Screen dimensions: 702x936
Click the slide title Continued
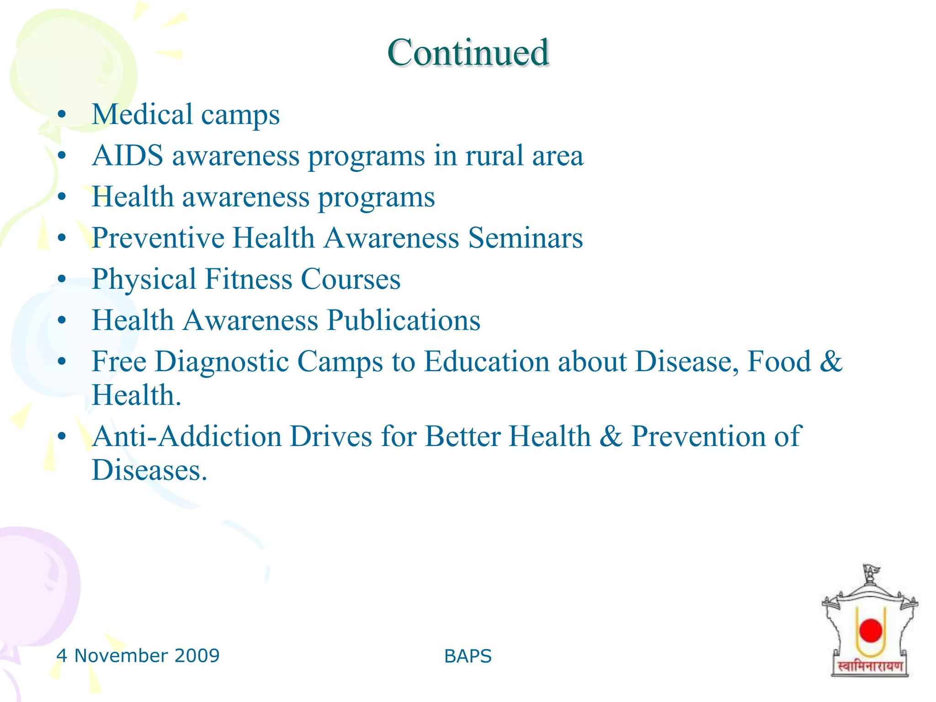click(x=468, y=53)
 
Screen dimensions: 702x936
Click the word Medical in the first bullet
click(x=142, y=114)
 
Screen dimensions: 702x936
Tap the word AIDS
click(x=128, y=156)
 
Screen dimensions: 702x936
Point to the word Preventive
click(x=158, y=238)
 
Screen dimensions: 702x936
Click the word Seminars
click(x=526, y=238)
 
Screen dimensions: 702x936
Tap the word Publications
click(x=404, y=320)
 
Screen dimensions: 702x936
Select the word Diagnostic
click(x=222, y=362)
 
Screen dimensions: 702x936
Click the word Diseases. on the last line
click(x=149, y=470)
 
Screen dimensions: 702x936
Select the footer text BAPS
click(x=468, y=656)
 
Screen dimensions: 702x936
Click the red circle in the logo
click(x=871, y=630)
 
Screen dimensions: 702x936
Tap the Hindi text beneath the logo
click(x=870, y=666)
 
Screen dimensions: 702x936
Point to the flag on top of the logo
click(x=871, y=571)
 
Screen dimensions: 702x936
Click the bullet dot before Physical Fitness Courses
click(x=62, y=279)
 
